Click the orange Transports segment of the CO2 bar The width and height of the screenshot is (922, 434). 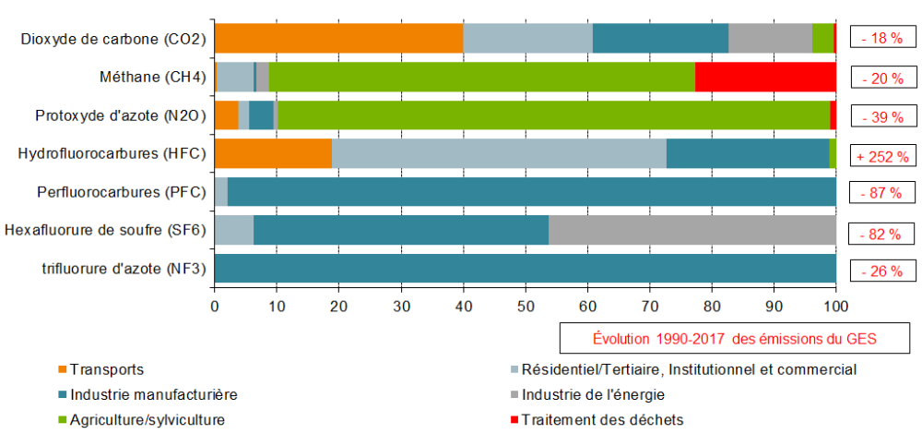coord(337,39)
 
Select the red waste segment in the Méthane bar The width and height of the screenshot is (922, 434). coord(765,78)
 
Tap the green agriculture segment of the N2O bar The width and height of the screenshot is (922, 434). coord(553,115)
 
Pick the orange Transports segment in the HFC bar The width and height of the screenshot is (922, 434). coord(273,154)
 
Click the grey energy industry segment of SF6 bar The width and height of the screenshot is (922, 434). coord(691,230)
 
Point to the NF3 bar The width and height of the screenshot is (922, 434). coord(525,269)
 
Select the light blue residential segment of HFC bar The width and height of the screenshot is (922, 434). coord(499,154)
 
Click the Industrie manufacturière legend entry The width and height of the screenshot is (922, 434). coord(154,394)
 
